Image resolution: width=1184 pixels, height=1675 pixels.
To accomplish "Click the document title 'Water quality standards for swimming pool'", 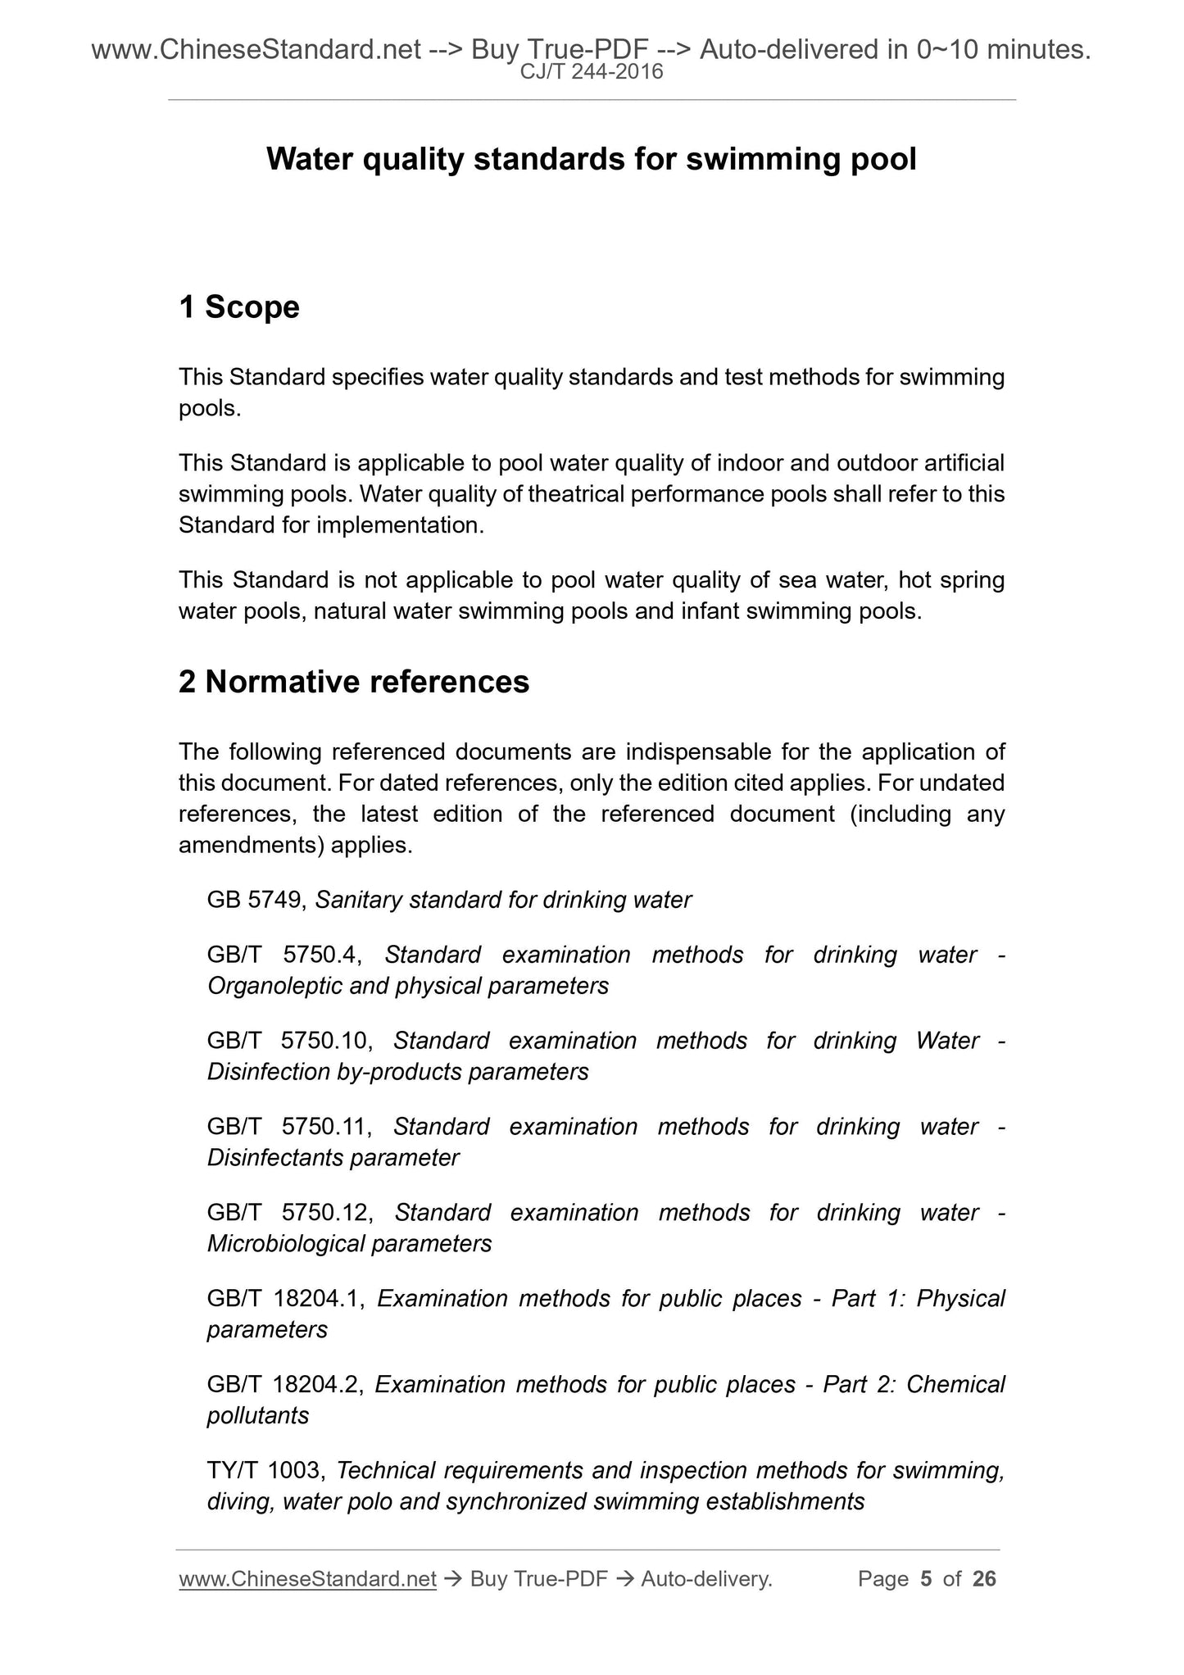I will point(591,159).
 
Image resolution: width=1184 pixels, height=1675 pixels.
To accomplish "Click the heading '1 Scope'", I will point(239,307).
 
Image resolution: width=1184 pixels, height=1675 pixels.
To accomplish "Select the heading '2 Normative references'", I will point(354,682).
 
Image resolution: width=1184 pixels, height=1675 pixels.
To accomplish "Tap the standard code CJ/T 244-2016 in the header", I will point(592,73).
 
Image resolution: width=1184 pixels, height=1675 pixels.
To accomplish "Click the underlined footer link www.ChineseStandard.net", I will point(307,1579).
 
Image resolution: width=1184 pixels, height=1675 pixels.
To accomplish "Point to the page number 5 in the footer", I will point(926,1579).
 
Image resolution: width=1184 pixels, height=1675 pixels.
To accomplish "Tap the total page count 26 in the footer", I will point(984,1579).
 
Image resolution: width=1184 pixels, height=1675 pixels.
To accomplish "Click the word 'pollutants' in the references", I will point(257,1416).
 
